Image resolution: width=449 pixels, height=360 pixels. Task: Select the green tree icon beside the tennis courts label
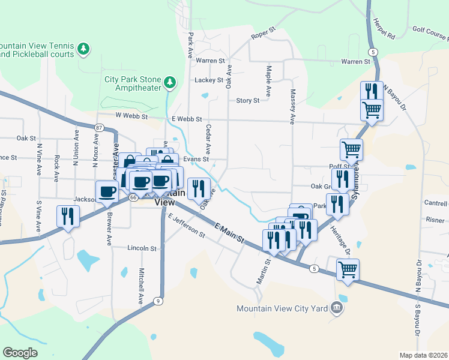(85, 48)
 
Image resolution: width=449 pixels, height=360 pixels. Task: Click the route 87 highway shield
(99, 127)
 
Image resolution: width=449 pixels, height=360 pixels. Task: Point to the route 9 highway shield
(157, 301)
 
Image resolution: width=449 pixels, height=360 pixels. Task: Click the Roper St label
(262, 32)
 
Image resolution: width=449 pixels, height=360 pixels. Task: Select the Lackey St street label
(209, 80)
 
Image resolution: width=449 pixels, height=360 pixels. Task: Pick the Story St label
(248, 101)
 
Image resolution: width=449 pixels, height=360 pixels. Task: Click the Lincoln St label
(142, 248)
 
